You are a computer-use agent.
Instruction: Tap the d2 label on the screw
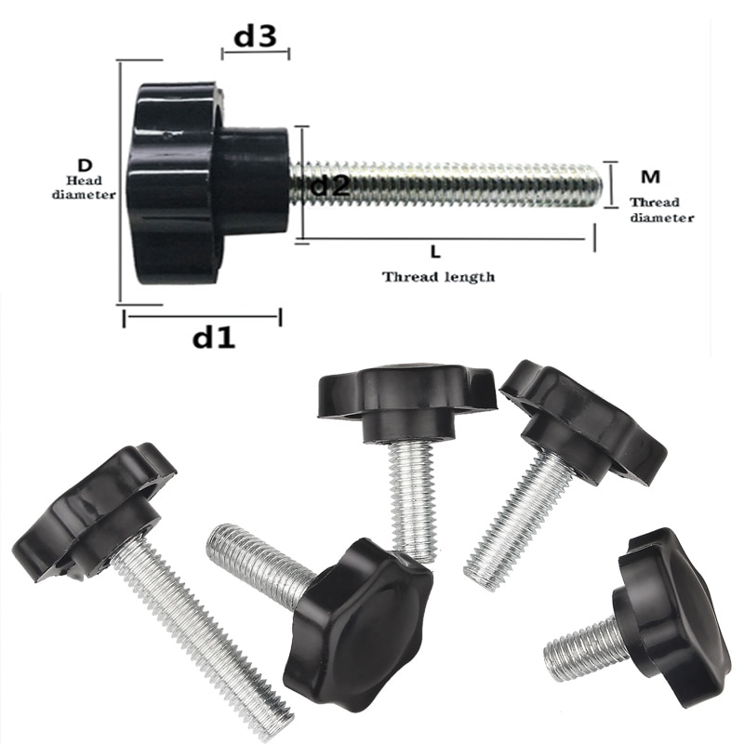click(329, 185)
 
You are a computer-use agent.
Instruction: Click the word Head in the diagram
click(85, 180)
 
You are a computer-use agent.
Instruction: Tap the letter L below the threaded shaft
click(436, 251)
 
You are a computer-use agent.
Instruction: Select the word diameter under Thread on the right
click(662, 218)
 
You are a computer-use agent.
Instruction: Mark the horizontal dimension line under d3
click(256, 54)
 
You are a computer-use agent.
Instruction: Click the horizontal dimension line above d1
click(202, 316)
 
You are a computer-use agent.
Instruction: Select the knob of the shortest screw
click(671, 614)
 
